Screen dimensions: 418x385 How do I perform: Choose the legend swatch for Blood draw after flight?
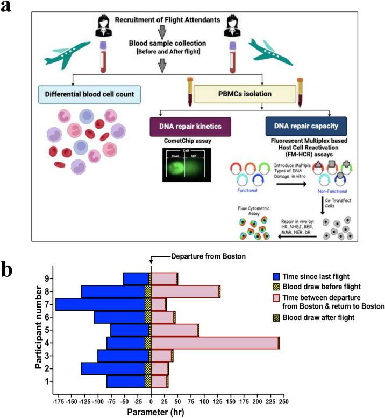[277, 318]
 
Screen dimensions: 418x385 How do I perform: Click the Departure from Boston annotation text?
[200, 256]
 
